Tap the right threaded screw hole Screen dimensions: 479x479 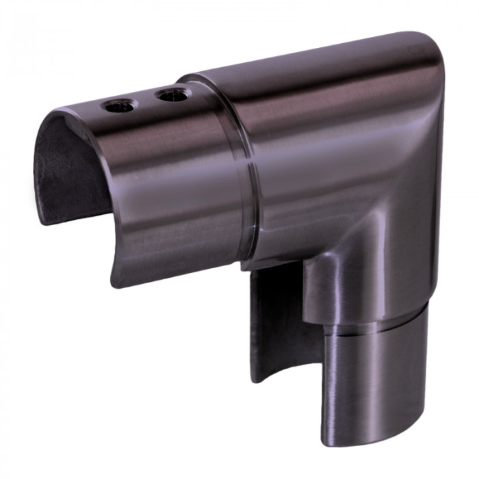pos(170,95)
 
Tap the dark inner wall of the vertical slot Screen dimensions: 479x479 pos(277,322)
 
